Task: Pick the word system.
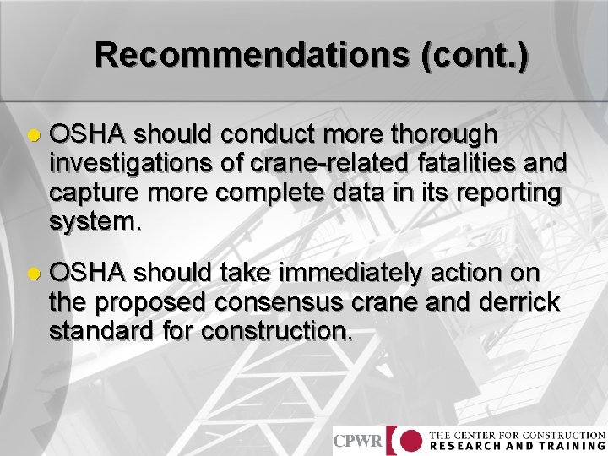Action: tap(91, 222)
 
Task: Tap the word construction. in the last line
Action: tap(277, 331)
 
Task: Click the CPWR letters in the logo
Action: tap(358, 441)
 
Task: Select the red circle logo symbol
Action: tap(410, 441)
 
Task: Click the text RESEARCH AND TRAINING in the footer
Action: tap(517, 446)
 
